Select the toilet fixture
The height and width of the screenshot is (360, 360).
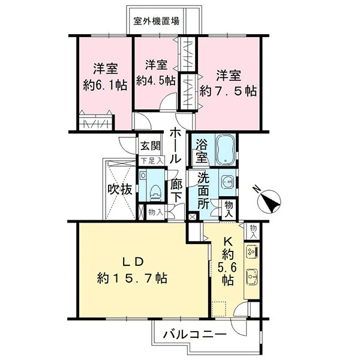tap(155, 193)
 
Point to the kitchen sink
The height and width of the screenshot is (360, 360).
tap(252, 277)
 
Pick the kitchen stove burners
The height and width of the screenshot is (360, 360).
tap(252, 252)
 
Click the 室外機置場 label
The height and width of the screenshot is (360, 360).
tap(157, 22)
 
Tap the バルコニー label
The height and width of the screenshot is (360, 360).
tap(194, 335)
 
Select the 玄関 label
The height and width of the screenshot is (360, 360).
tap(151, 146)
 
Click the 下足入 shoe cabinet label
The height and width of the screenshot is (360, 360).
tap(152, 161)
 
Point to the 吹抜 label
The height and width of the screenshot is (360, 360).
tap(120, 190)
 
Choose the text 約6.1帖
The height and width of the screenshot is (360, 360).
tap(105, 86)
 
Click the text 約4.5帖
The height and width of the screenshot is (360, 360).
tap(156, 80)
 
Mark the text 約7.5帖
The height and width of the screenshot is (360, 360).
tap(228, 91)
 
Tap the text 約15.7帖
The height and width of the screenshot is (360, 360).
tap(132, 278)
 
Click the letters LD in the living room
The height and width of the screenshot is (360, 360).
tap(133, 262)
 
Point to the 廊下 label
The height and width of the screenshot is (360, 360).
tap(176, 191)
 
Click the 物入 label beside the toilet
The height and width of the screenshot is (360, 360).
tap(155, 212)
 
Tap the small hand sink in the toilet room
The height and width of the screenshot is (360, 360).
tap(143, 176)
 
